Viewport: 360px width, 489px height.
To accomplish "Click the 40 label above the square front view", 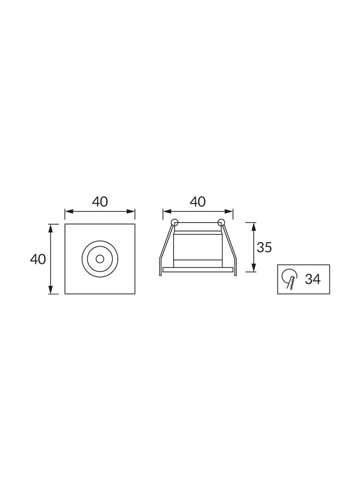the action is click(100, 202).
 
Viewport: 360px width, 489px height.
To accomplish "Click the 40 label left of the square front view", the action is click(38, 259).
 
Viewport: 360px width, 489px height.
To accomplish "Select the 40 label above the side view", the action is click(198, 202).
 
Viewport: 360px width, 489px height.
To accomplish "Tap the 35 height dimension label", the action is click(264, 247).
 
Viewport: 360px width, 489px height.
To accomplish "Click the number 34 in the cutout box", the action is click(313, 279).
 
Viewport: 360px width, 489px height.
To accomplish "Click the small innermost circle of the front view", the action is click(100, 259).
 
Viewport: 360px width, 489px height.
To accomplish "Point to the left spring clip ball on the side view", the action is click(174, 222).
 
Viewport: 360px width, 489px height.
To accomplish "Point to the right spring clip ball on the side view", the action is click(221, 222).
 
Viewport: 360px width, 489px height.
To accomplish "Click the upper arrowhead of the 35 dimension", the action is click(254, 226).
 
